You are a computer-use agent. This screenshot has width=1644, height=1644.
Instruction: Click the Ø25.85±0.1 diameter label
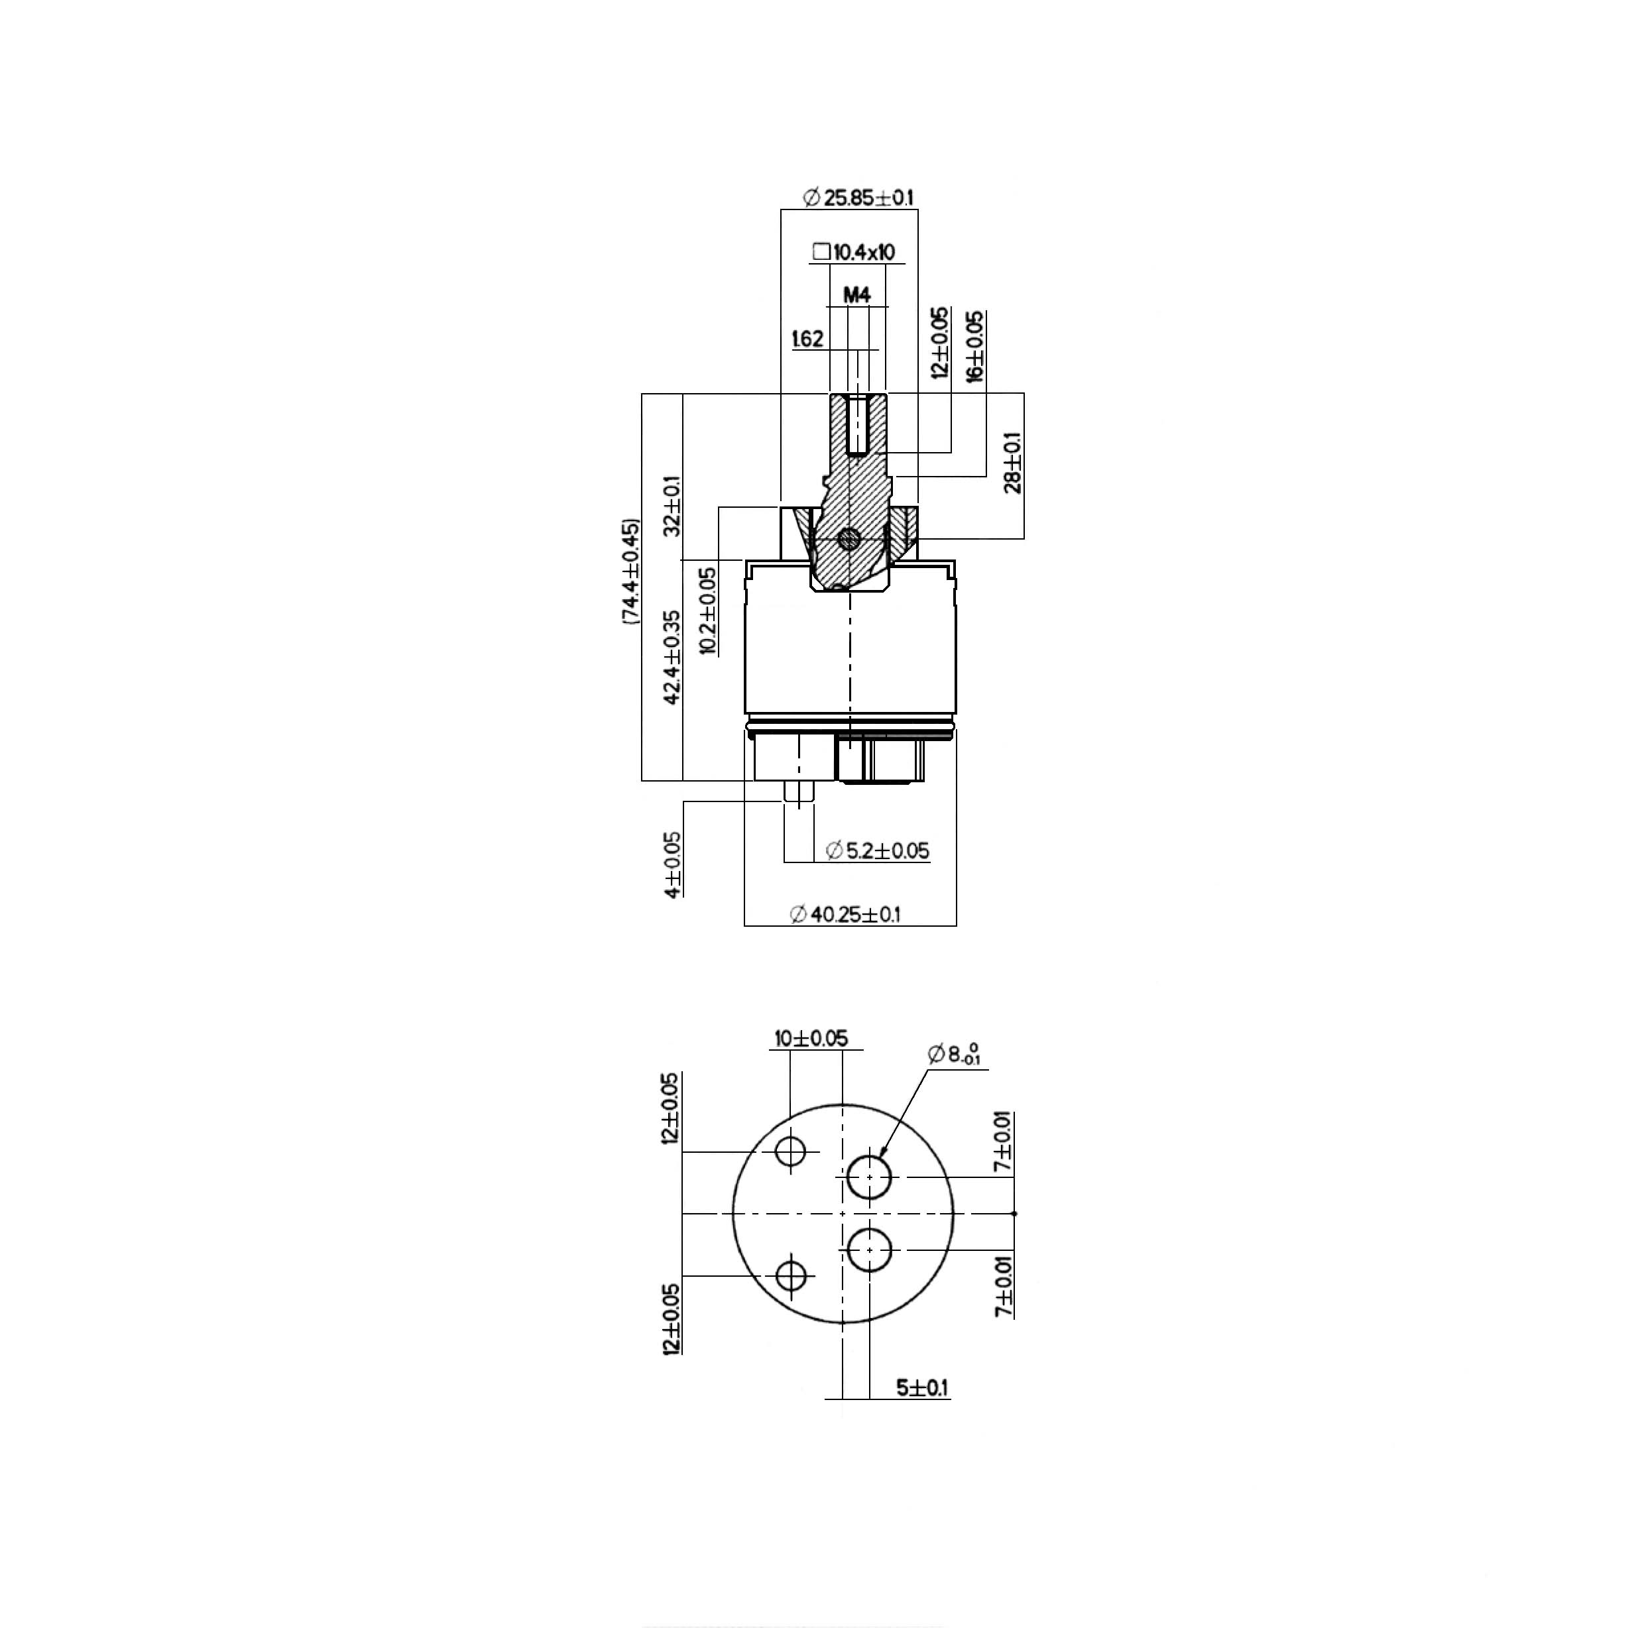point(858,198)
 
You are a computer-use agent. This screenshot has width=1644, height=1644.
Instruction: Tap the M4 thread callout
point(857,295)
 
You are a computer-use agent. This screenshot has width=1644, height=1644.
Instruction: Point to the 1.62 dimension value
point(807,339)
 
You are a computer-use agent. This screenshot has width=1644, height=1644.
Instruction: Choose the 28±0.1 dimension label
point(1013,463)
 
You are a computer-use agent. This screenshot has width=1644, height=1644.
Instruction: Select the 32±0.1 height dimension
point(672,504)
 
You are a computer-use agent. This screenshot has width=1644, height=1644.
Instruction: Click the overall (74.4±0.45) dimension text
point(630,572)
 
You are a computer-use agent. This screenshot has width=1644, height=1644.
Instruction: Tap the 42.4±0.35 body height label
point(672,657)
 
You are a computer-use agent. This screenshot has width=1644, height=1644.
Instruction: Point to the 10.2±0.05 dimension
point(708,610)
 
